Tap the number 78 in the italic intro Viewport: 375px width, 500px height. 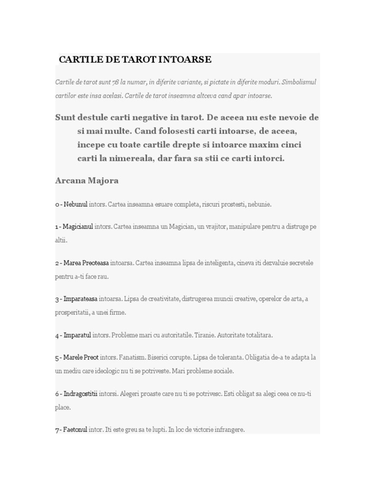[x=115, y=82]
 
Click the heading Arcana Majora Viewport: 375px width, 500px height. [x=87, y=181]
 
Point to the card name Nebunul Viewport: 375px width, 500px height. [x=76, y=204]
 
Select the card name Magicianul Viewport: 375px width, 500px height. [x=78, y=227]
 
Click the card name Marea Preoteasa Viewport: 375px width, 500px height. [x=85, y=263]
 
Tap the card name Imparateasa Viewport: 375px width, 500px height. [x=80, y=299]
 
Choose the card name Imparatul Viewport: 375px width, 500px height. [x=77, y=335]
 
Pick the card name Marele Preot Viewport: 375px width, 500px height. [x=81, y=357]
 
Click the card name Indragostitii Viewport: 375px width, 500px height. [x=81, y=394]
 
